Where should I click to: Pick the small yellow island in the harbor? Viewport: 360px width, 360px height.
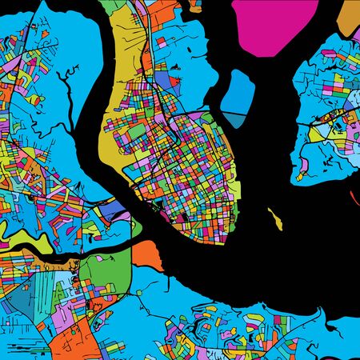tap(276, 216)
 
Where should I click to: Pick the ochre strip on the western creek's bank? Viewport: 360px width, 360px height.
tap(36, 258)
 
